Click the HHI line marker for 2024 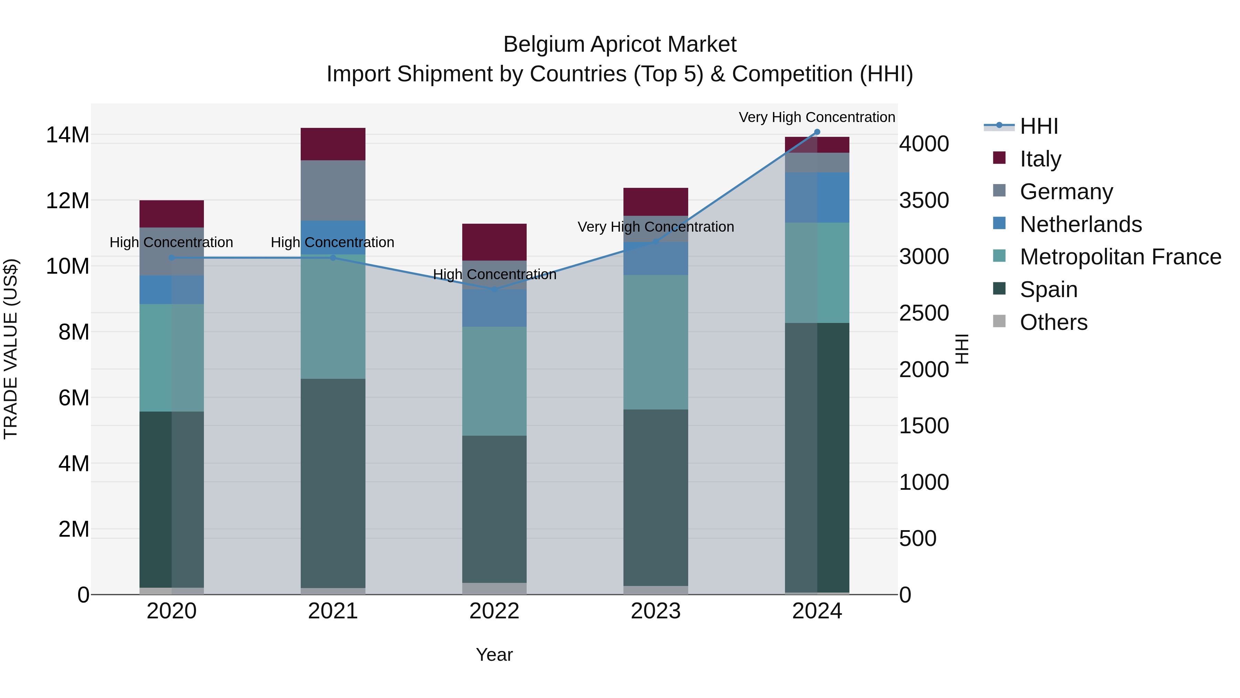pos(817,132)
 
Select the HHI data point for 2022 pos(494,289)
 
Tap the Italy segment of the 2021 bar pos(333,144)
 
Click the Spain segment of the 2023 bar pos(655,498)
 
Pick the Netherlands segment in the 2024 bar pos(817,198)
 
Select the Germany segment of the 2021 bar pos(333,190)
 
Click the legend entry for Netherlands pos(1080,224)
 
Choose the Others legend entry pos(1053,322)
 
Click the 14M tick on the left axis pos(68,135)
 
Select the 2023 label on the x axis pos(655,611)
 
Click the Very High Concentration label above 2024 pos(817,117)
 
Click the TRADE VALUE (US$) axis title pos(11,349)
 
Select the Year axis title pos(494,655)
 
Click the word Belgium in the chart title pos(544,44)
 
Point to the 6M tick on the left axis pos(74,398)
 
